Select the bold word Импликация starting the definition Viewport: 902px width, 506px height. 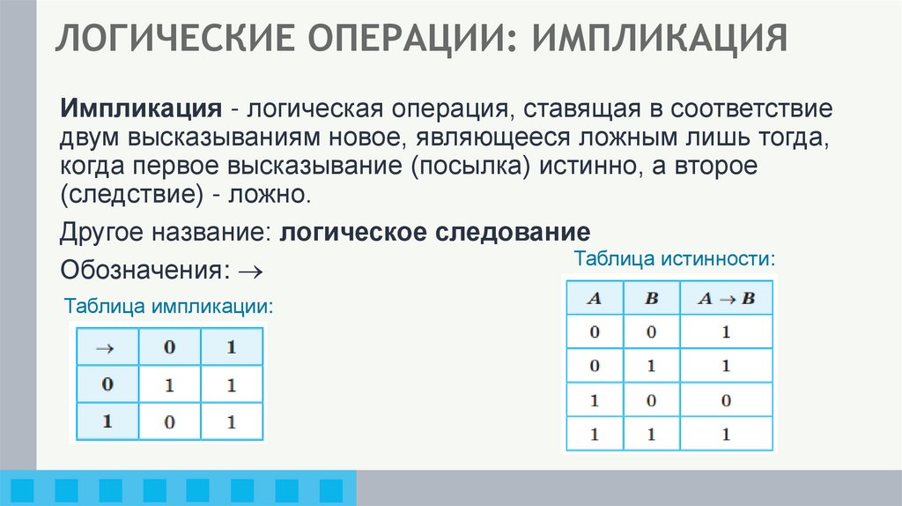point(140,112)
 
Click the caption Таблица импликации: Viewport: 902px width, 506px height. point(168,306)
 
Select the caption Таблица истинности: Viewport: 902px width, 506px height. point(675,259)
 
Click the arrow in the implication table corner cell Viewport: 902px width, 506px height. point(106,347)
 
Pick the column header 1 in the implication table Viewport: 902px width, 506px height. point(232,347)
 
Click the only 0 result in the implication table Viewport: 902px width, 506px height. point(169,422)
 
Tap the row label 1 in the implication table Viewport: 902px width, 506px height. point(106,422)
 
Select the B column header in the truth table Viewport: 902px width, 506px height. point(652,298)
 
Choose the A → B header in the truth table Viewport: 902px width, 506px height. point(726,298)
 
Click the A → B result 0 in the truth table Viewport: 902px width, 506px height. point(726,400)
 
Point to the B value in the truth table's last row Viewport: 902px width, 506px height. point(652,435)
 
